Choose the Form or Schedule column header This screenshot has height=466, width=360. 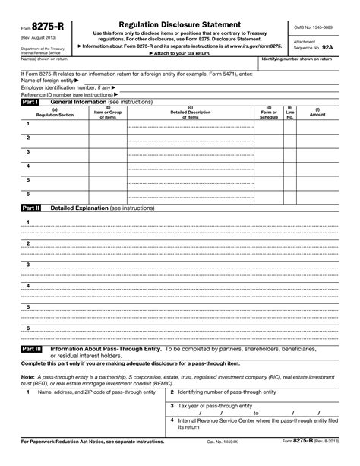click(x=269, y=113)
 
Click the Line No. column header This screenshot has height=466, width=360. click(x=289, y=113)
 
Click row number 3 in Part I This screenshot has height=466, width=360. click(x=28, y=151)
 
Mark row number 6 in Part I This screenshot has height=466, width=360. click(x=28, y=194)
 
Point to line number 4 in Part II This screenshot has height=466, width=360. click(x=28, y=285)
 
